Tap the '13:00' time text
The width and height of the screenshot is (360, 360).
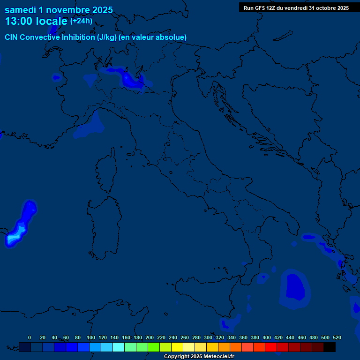coord(19,21)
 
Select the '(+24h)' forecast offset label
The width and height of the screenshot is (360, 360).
coord(81,21)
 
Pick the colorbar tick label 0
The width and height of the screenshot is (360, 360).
coord(30,337)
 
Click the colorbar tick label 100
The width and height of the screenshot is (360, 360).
coord(90,337)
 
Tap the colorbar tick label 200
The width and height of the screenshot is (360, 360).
coord(149,337)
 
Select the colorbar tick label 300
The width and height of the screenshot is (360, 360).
coord(208,337)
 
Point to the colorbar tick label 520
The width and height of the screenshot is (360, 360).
coord(337,337)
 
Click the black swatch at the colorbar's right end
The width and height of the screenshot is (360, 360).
coord(330,347)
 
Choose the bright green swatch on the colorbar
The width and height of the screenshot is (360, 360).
coord(154,347)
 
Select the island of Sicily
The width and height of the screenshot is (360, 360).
coord(206,295)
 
